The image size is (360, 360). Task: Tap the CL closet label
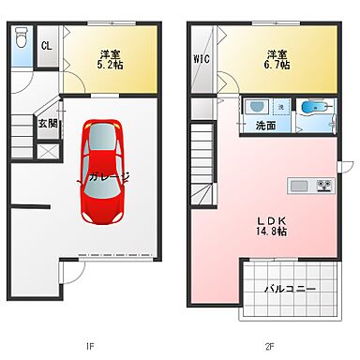46,46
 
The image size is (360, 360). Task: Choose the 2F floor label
268,346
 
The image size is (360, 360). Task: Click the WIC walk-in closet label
202,59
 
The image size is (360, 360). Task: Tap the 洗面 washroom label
265,125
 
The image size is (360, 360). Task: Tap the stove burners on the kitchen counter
324,183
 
